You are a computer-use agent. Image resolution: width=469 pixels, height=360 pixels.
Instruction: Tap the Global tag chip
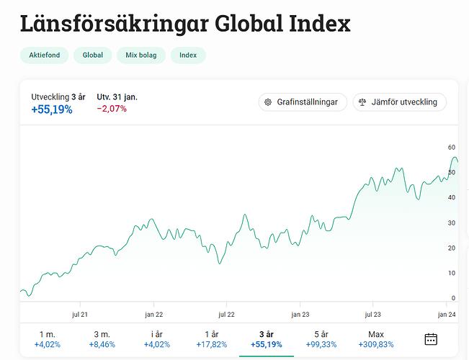coord(92,55)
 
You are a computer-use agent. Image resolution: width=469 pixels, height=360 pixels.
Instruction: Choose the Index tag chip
coord(188,55)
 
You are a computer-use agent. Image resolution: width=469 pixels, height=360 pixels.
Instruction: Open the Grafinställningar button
coord(303,102)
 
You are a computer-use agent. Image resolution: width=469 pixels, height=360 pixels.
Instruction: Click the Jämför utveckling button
coord(399,102)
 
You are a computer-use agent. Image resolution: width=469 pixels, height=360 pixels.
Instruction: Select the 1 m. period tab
coord(47,339)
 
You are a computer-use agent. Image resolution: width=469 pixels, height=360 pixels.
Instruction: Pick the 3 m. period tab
coord(102,339)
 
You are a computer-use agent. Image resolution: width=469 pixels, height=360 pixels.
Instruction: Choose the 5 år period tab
coord(321,339)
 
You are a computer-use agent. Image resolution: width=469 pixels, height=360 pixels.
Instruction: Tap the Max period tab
coord(376,339)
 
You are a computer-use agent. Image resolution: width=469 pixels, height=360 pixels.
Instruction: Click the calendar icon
coord(432,339)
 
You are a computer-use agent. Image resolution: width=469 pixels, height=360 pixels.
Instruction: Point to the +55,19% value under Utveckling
coord(52,109)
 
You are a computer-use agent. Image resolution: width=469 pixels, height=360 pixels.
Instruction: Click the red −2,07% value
coord(112,109)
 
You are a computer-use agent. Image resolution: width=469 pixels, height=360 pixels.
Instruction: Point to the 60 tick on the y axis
coord(451,148)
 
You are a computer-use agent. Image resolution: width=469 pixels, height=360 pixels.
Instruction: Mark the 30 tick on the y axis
coord(451,222)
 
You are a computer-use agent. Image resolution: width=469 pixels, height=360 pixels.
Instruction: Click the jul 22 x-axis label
coord(227,314)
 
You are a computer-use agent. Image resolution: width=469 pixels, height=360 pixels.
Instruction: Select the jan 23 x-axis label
coord(300,314)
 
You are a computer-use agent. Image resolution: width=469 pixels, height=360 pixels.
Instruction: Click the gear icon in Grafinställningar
coord(268,102)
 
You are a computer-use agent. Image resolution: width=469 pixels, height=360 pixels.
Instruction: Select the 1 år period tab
coord(212,339)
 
